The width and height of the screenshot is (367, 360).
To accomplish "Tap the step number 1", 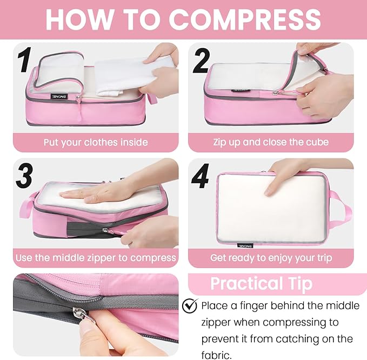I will click(23, 61).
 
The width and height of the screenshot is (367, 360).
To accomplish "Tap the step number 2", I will click(201, 61).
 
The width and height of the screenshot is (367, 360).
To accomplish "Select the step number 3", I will click(24, 175).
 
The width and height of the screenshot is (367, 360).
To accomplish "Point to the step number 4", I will click(201, 176).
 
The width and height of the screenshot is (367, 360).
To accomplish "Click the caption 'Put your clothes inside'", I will click(96, 143).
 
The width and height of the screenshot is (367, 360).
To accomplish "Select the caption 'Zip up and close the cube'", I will click(270, 143).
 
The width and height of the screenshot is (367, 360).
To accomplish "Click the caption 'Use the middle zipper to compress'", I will click(96, 257).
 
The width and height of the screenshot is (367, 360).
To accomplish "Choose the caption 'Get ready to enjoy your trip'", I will click(270, 257).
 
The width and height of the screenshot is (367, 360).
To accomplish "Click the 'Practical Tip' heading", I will click(261, 284).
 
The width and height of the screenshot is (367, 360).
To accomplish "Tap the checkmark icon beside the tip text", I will click(189, 306).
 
